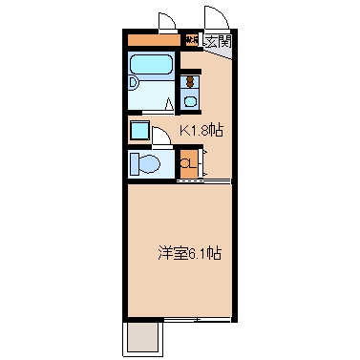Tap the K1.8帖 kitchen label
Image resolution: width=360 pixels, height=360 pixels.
pos(202,131)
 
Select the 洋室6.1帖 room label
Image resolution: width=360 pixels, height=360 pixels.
pos(190,254)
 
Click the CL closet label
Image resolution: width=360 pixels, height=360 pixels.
pos(188,162)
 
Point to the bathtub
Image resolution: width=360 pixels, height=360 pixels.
pos(150,72)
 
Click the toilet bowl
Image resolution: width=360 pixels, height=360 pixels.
pos(145,163)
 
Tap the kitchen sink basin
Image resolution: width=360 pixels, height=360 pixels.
pos(189,100)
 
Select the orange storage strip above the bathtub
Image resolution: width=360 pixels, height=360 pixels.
pos(152,40)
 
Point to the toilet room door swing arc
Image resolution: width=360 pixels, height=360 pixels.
pos(163,135)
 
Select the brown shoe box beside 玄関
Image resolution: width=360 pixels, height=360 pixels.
pos(191,40)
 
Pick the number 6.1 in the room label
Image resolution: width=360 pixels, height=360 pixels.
pos(200,254)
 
